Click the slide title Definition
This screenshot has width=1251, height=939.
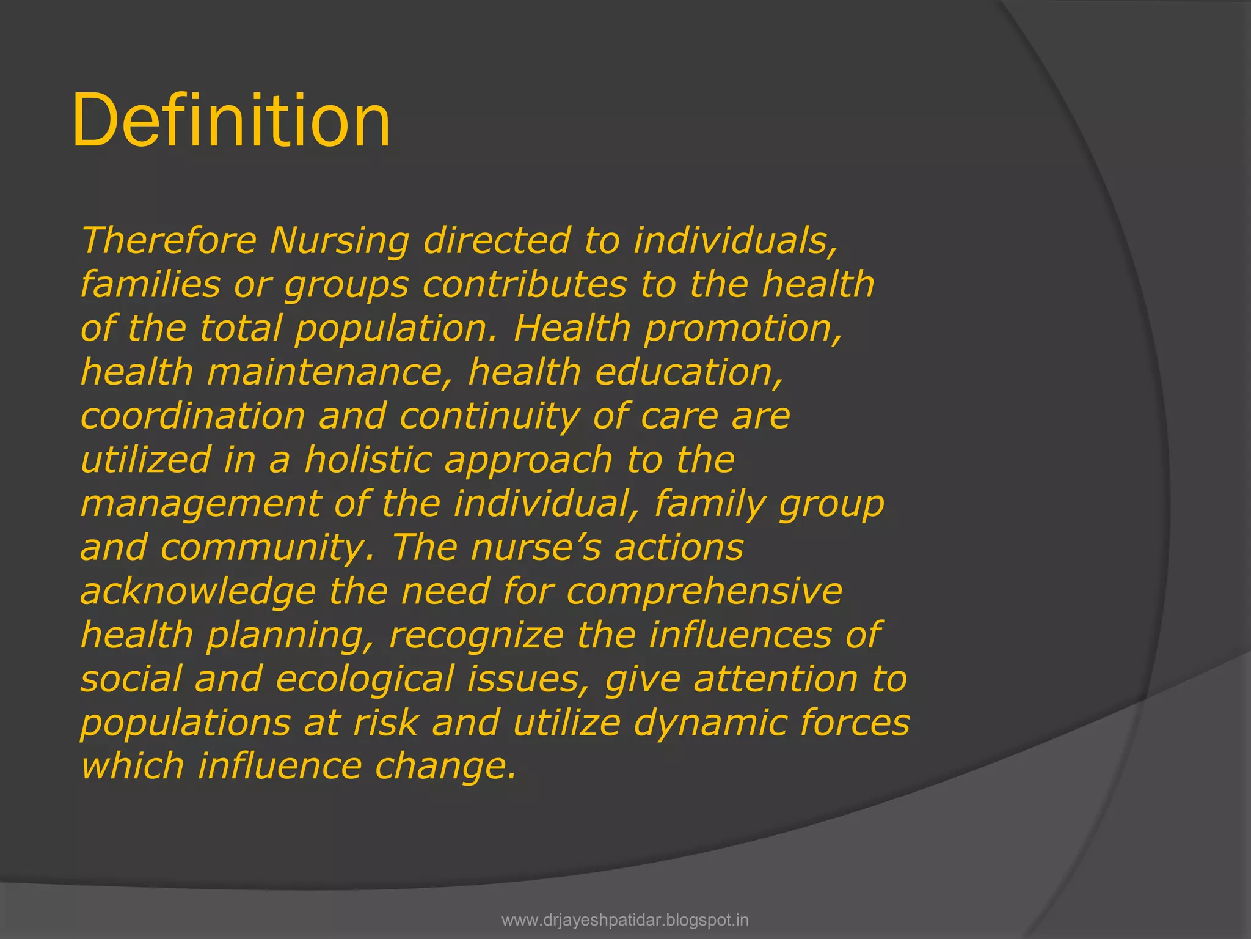click(x=231, y=120)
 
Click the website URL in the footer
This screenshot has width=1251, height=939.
click(x=625, y=919)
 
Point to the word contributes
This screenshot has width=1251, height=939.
click(x=525, y=285)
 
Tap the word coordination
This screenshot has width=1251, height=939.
click(x=192, y=416)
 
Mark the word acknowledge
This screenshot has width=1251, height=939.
click(x=199, y=592)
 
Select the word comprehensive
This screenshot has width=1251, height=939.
click(x=704, y=592)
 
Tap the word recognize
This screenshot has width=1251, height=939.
click(x=476, y=635)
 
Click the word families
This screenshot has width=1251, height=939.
click(x=150, y=285)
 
